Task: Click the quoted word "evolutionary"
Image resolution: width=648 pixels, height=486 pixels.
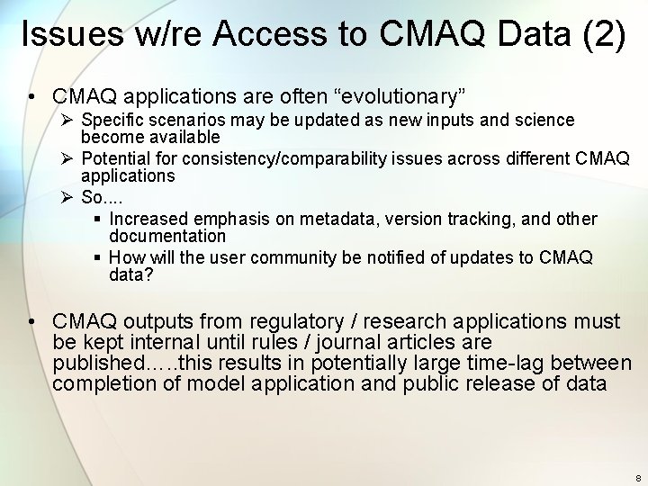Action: point(400,94)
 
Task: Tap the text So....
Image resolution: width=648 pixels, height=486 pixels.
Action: point(91,198)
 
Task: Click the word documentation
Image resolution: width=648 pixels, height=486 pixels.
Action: point(167,237)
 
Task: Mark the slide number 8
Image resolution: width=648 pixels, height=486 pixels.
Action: point(637,478)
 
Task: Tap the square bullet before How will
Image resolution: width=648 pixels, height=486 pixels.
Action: point(98,258)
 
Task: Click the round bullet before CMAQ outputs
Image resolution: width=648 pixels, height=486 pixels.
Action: point(31,321)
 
